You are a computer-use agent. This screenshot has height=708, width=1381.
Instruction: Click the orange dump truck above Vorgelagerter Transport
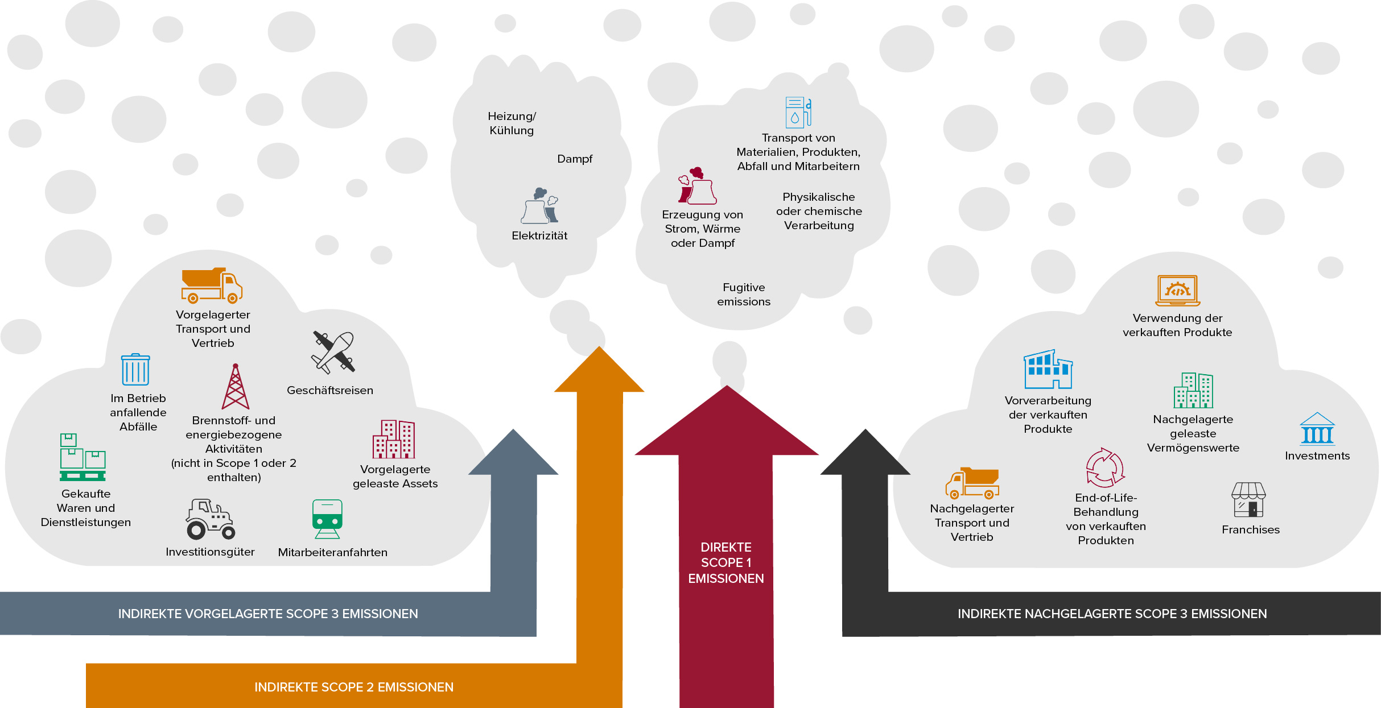click(212, 285)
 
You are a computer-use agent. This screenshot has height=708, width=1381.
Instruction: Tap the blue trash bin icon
click(135, 370)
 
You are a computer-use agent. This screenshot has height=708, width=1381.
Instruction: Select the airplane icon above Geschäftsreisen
click(333, 353)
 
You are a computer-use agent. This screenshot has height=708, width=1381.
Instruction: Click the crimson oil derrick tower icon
click(236, 387)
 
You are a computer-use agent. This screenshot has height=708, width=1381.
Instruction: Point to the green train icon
click(327, 519)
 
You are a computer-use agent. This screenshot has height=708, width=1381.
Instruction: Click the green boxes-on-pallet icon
click(83, 457)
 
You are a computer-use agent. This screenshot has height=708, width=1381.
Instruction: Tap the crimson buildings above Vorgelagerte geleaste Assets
click(394, 439)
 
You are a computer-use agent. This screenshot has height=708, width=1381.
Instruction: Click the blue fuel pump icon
click(798, 112)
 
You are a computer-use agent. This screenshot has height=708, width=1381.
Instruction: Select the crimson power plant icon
click(697, 185)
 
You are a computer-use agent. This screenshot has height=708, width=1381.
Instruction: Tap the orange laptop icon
click(1178, 291)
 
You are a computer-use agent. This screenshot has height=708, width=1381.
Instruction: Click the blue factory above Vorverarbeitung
click(1048, 369)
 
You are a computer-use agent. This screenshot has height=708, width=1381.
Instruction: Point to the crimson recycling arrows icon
click(1105, 467)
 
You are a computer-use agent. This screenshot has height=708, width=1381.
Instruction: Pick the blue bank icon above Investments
click(1317, 429)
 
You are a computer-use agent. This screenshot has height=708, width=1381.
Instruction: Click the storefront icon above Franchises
click(1248, 499)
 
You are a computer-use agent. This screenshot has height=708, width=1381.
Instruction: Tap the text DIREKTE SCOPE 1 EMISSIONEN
click(726, 563)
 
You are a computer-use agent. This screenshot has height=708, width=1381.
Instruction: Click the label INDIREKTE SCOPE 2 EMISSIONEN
click(354, 687)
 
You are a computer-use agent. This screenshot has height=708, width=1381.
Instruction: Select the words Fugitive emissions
click(744, 295)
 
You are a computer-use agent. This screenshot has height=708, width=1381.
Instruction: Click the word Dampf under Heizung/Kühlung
click(575, 159)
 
